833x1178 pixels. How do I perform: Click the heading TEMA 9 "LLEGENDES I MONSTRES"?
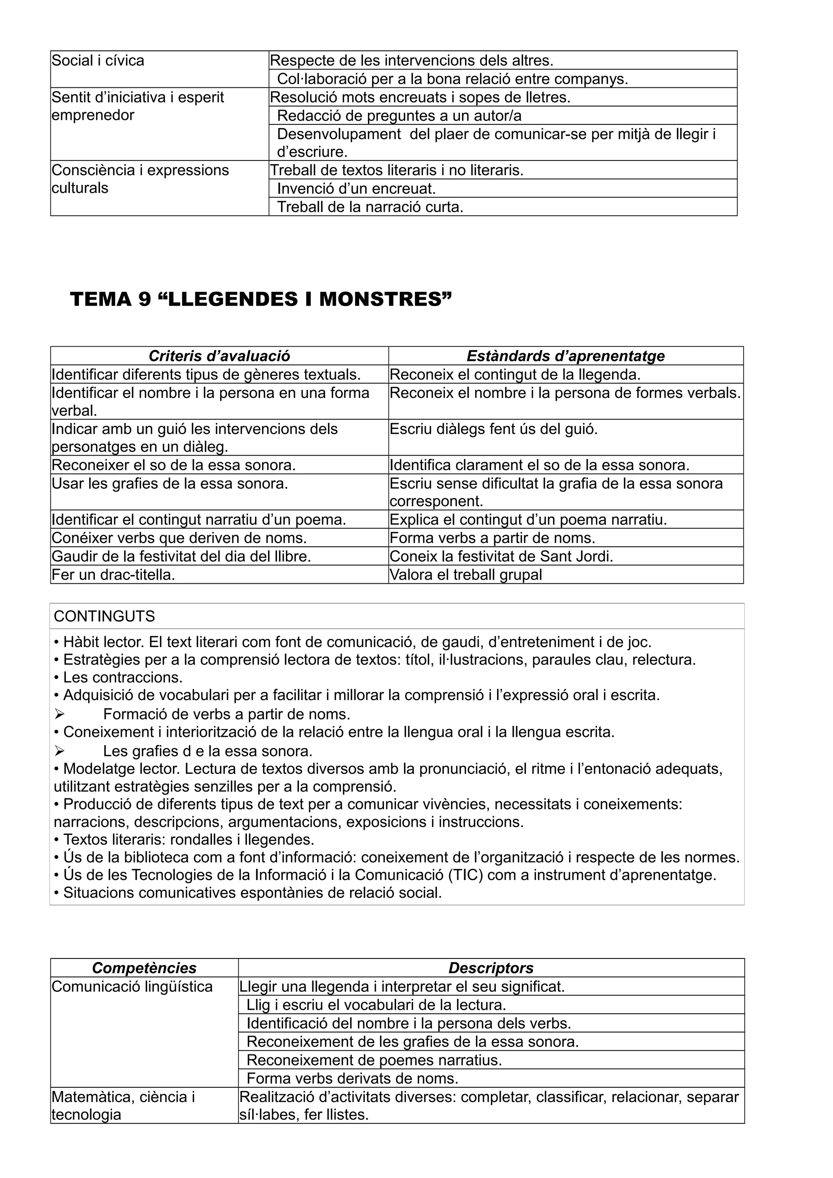coord(261,300)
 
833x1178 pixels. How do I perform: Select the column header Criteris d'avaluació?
coord(219,356)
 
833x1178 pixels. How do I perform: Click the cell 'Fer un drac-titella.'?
coord(113,575)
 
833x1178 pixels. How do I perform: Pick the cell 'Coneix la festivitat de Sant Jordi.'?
coord(502,556)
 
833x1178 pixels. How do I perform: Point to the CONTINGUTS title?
coord(104,616)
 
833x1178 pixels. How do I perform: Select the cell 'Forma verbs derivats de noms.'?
coord(352,1078)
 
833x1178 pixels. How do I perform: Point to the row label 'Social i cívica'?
coord(98,61)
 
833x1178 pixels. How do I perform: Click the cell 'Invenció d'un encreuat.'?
coord(356,189)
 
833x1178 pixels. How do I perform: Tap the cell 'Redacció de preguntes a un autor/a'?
coord(399,116)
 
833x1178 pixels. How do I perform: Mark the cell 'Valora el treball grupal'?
coord(466,575)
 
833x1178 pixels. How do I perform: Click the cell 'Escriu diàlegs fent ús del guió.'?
coord(494,429)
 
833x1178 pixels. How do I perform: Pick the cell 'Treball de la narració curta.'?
coord(370,207)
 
